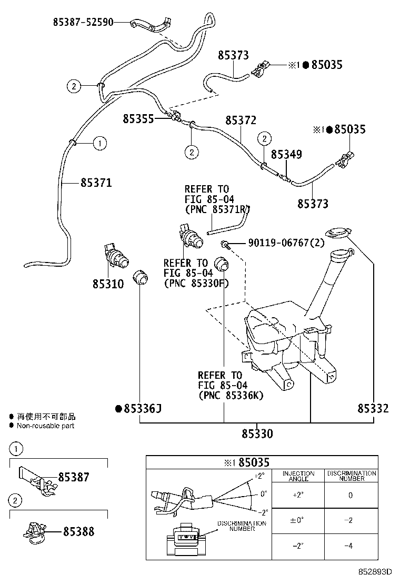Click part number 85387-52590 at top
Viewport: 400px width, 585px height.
[83, 22]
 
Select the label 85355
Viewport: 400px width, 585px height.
[138, 119]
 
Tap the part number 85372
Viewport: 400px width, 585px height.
[241, 120]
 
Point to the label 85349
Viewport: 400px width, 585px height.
[286, 155]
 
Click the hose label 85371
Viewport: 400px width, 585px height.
[96, 183]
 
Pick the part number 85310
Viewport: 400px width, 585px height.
[108, 284]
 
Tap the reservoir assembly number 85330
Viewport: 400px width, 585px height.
[257, 434]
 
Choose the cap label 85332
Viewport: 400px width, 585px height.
[373, 408]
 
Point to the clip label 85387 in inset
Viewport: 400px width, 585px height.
[74, 477]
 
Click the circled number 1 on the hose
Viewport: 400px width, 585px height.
[100, 142]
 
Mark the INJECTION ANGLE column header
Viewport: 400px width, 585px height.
[298, 476]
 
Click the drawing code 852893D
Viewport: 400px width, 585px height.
[376, 572]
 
